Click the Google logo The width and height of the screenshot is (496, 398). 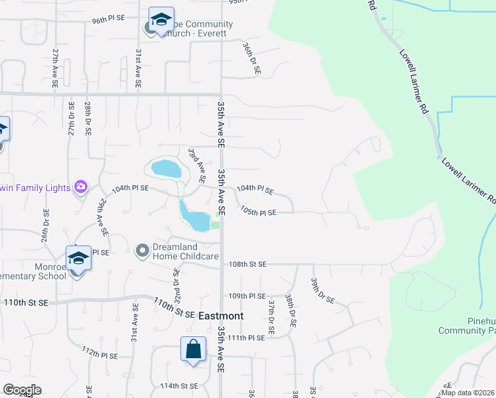22,390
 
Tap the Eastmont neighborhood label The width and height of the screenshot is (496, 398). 221,316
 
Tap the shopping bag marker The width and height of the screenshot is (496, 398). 192,350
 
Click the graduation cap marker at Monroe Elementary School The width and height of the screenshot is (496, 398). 78,259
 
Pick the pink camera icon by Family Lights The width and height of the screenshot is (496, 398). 81,187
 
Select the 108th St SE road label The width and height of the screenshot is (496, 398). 247,264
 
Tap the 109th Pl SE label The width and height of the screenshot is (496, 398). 247,296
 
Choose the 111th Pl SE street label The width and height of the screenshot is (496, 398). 247,338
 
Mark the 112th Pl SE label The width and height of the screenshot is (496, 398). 99,352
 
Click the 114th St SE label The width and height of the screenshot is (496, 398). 179,385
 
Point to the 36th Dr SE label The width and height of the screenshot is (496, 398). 252,58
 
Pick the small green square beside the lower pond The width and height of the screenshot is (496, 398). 215,225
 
